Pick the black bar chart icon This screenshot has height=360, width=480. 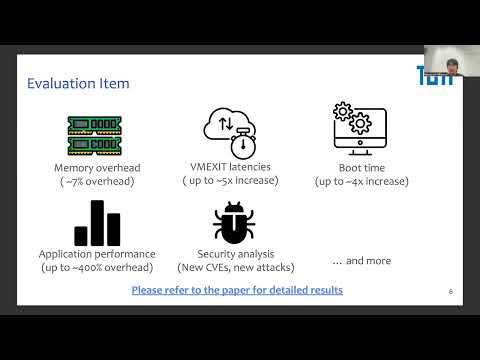[x=96, y=222]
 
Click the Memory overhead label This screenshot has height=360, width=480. [x=96, y=167]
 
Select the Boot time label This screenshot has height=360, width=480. [x=360, y=167]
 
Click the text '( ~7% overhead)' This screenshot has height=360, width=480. [x=96, y=181]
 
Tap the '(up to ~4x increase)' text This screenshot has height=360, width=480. [x=360, y=181]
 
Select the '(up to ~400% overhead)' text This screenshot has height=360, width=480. [x=96, y=268]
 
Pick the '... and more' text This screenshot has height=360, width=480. [x=361, y=261]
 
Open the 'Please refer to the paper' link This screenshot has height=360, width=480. [x=237, y=290]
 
